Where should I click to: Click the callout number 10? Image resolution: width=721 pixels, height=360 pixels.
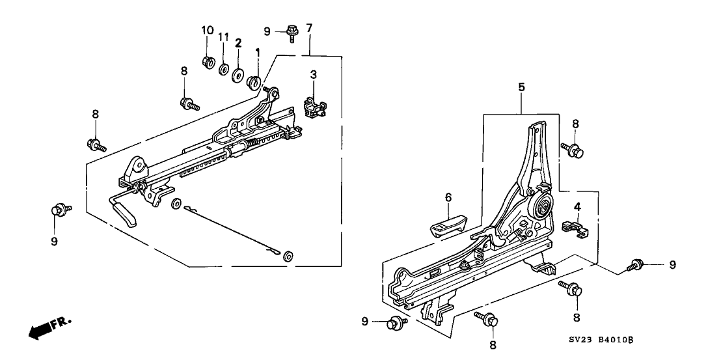pos(208,31)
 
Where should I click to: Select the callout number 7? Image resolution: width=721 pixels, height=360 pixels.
pos(309,28)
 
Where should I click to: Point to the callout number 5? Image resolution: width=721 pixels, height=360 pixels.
pos(521,87)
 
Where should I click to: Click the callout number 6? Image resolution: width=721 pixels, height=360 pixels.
pos(448,197)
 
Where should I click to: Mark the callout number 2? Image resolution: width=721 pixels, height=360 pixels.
pos(238,43)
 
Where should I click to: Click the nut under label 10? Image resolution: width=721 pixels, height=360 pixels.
pos(209,62)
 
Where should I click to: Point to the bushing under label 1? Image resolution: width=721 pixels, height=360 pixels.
pos(254,81)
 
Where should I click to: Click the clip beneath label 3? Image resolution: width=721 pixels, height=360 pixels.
pos(314,105)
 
